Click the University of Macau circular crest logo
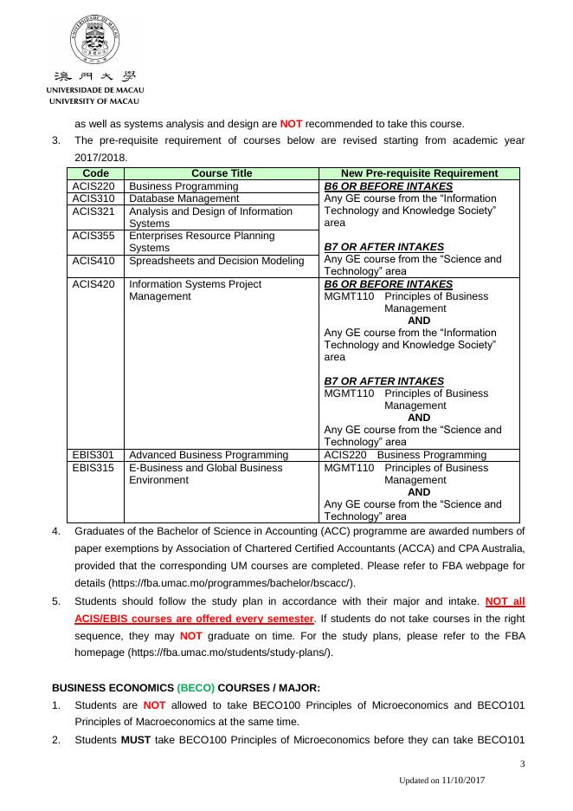click(x=94, y=40)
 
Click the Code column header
click(x=95, y=173)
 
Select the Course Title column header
click(x=222, y=173)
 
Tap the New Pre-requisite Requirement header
click(x=419, y=173)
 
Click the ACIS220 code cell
click(x=93, y=186)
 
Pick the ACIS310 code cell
click(x=93, y=198)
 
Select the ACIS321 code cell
click(x=93, y=211)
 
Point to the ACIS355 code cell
click(x=93, y=236)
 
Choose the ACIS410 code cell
click(x=93, y=260)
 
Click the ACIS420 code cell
click(x=93, y=284)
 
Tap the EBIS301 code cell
click(x=93, y=455)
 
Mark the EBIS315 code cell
click(x=93, y=468)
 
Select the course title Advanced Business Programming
click(x=208, y=455)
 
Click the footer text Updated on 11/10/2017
click(x=441, y=781)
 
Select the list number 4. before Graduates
click(x=56, y=531)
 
